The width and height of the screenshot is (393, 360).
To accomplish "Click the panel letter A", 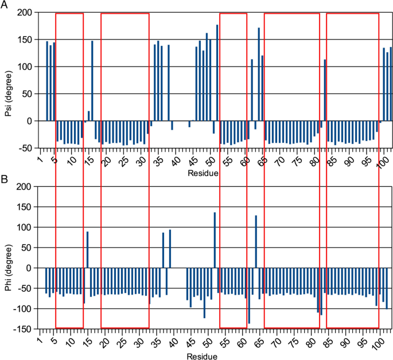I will [5, 5].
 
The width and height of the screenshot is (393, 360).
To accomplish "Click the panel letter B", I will [5, 178].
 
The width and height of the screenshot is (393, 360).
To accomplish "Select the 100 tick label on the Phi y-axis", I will [24, 228].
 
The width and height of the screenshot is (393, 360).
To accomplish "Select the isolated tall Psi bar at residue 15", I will [92, 81].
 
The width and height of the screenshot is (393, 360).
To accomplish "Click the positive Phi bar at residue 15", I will [88, 249].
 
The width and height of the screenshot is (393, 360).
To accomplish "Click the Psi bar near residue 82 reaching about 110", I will [325, 90].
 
